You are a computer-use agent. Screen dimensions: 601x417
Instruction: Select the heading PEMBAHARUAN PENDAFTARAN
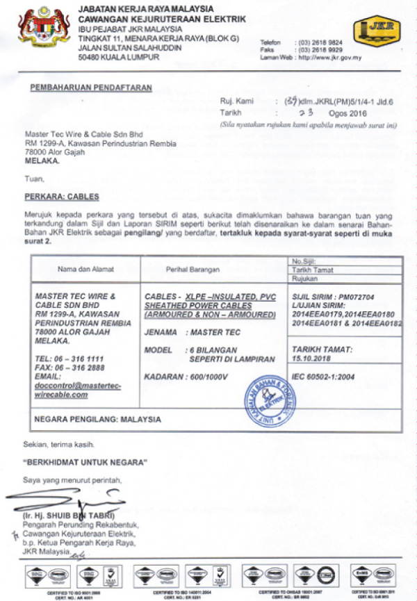(x=91, y=88)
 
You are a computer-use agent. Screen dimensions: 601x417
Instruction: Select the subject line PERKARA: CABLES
(x=62, y=197)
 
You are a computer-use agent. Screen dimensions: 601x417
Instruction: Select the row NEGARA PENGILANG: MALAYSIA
(x=97, y=420)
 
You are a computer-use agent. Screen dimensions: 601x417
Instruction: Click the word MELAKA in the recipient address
(x=42, y=160)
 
